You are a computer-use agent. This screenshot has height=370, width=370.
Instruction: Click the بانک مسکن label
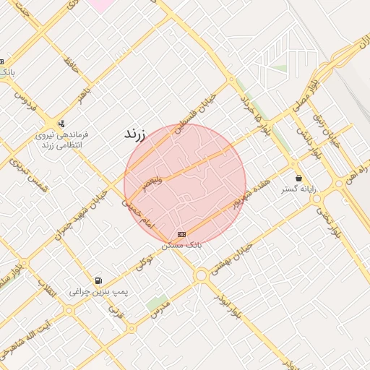click(181, 246)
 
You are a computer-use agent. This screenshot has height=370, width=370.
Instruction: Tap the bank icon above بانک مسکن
click(181, 234)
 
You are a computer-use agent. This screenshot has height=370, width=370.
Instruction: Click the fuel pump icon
click(98, 280)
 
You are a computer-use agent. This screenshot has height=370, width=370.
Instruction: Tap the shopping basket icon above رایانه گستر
click(298, 178)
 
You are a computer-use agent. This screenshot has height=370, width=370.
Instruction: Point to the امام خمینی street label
click(137, 215)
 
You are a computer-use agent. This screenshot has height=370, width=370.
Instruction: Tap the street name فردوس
click(21, 99)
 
